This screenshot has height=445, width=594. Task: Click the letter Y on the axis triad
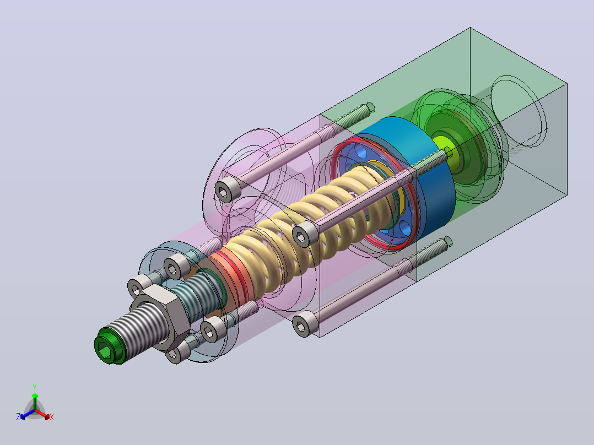click(35, 387)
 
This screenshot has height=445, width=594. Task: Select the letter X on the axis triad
click(52, 417)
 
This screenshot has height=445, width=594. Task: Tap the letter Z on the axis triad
click(18, 416)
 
